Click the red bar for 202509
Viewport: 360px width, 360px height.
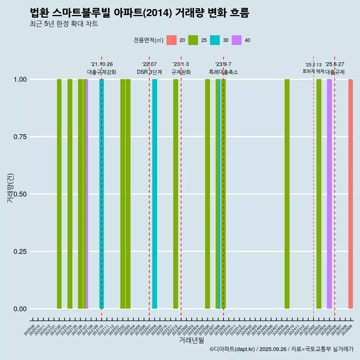pos(351,194)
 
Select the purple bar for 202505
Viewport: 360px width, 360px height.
pos(329,194)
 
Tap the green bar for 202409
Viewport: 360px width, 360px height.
pos(287,194)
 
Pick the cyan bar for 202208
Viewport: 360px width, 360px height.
pos(154,194)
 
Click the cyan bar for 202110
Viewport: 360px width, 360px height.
pos(102,194)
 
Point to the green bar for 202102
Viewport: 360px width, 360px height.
pos(59,194)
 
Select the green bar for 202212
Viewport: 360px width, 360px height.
pos(175,194)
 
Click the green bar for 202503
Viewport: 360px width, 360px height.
pos(319,194)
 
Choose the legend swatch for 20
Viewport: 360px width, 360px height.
pos(171,40)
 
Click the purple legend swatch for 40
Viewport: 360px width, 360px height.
pos(237,40)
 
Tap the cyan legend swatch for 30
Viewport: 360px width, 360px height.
pos(215,40)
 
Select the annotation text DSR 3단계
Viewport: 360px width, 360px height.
pos(149,72)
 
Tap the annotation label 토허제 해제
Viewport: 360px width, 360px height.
pos(313,71)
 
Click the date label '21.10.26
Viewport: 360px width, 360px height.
pos(102,64)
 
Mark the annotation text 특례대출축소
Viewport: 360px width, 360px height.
pos(223,72)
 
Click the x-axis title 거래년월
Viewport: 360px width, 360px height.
pos(191,340)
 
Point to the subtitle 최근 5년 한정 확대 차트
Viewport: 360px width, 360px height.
pos(64,24)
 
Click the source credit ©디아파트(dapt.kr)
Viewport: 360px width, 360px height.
pos(232,349)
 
